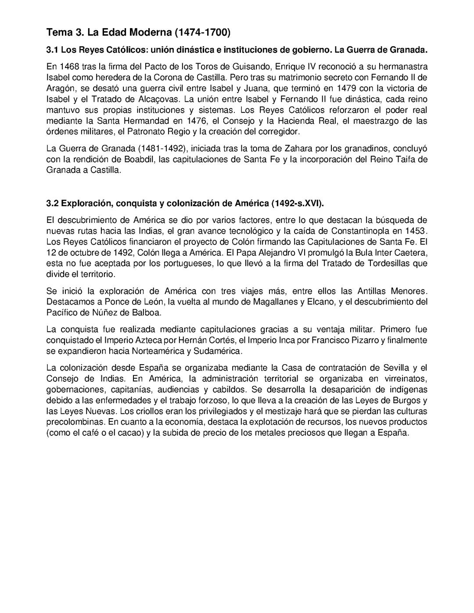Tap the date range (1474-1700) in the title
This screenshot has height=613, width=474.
click(x=202, y=32)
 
